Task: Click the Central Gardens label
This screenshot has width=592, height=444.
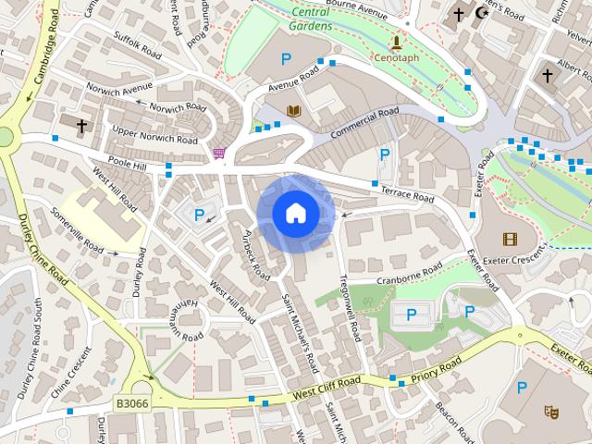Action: point(312,18)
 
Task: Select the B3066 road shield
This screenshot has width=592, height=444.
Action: point(131,403)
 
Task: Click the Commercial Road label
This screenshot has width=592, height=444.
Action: point(364,123)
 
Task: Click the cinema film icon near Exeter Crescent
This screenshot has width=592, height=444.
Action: point(510,239)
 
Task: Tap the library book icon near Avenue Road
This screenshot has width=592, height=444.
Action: point(294,112)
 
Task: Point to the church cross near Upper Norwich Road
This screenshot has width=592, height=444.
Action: point(81,125)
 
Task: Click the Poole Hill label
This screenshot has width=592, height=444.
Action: point(127,165)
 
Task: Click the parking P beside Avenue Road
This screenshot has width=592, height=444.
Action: point(286,58)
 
